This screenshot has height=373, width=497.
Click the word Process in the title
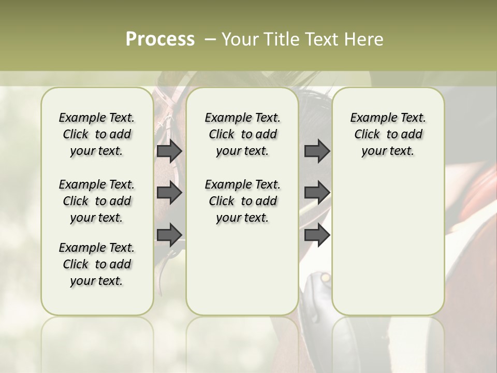(160, 39)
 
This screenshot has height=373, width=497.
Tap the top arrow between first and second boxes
(169, 151)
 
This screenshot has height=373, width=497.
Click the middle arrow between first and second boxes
(169, 193)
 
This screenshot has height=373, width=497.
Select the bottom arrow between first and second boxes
(169, 235)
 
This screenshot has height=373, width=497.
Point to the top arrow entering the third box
(317, 151)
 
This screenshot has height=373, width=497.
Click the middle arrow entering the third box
(317, 193)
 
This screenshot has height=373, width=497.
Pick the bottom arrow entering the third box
(317, 235)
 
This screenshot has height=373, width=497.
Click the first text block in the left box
(97, 134)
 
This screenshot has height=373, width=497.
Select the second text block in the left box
(97, 201)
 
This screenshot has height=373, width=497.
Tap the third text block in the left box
(97, 264)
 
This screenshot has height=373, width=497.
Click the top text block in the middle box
(242, 134)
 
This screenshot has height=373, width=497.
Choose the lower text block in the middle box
(242, 201)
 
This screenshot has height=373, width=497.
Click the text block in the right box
(388, 134)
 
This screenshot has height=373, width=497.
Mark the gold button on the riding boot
(325, 278)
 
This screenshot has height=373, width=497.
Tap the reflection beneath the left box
(97, 342)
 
